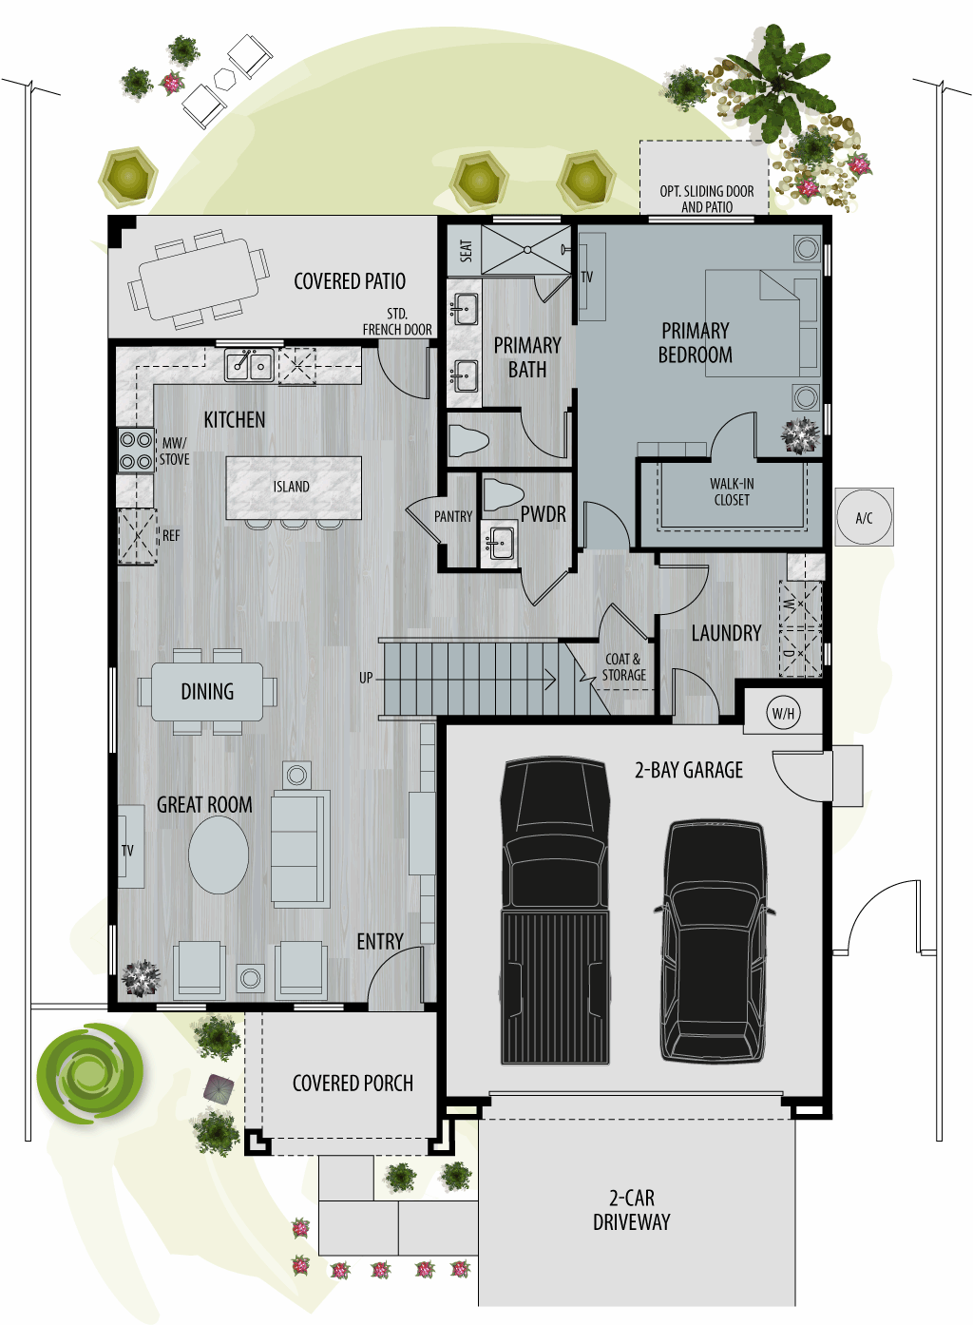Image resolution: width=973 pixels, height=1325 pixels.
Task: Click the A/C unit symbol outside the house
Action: pyautogui.click(x=864, y=517)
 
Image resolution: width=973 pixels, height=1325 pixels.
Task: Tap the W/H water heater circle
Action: pyautogui.click(x=783, y=713)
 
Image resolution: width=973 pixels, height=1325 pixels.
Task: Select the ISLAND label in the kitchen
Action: pyautogui.click(x=291, y=487)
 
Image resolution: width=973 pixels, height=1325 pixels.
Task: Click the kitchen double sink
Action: pyautogui.click(x=249, y=365)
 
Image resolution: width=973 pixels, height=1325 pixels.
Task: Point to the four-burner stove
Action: pyautogui.click(x=136, y=451)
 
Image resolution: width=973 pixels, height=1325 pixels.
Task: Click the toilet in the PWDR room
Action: pyautogui.click(x=503, y=494)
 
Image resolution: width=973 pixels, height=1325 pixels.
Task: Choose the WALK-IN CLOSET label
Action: pyautogui.click(x=732, y=491)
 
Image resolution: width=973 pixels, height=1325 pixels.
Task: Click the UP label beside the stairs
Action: pyautogui.click(x=366, y=678)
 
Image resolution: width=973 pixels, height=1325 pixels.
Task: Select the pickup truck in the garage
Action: pyautogui.click(x=555, y=911)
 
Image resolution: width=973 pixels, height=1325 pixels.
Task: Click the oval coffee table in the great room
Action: pyautogui.click(x=219, y=855)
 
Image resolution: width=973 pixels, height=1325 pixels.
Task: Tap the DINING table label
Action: pyautogui.click(x=207, y=691)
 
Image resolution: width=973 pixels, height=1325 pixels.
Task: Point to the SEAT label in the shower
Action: pyautogui.click(x=467, y=251)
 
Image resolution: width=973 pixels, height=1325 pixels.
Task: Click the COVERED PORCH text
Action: pyautogui.click(x=353, y=1083)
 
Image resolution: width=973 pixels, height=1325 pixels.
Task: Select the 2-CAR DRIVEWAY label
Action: pyautogui.click(x=632, y=1210)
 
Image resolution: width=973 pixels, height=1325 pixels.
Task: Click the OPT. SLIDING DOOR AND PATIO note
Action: pyautogui.click(x=707, y=199)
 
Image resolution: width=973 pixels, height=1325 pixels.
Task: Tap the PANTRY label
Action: pyautogui.click(x=453, y=516)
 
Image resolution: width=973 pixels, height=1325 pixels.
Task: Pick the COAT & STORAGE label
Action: pyautogui.click(x=624, y=666)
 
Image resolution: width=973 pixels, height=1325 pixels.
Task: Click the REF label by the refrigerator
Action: pyautogui.click(x=171, y=535)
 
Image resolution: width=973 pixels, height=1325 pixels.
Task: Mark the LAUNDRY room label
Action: pyautogui.click(x=726, y=633)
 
